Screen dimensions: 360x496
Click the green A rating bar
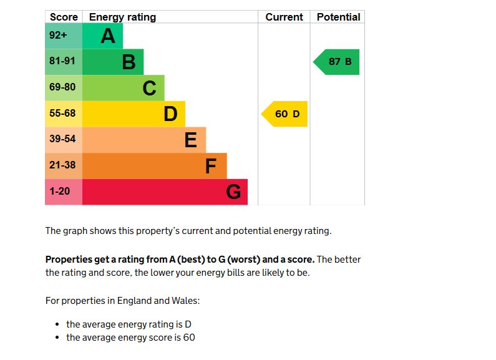(x=102, y=36)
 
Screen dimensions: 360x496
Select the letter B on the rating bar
(x=129, y=62)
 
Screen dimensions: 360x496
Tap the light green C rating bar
(x=124, y=88)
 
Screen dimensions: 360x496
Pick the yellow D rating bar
(x=134, y=114)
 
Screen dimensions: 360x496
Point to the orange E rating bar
(x=143, y=140)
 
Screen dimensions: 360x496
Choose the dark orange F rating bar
(x=154, y=166)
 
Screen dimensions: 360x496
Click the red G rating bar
(x=165, y=192)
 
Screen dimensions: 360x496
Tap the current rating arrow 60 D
(x=285, y=114)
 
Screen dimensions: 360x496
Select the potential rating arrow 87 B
(x=337, y=62)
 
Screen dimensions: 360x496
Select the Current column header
(x=284, y=17)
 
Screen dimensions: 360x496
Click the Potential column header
(x=338, y=17)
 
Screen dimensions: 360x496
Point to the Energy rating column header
(x=122, y=17)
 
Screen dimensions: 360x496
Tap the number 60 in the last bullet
(x=189, y=338)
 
